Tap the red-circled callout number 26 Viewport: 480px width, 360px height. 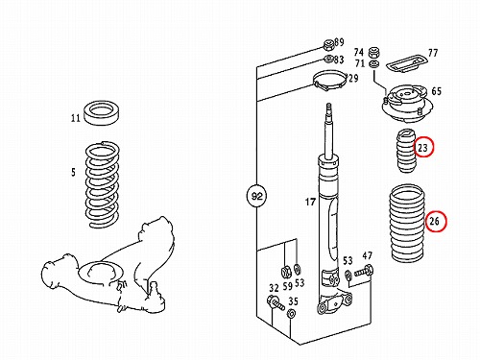tap(435, 221)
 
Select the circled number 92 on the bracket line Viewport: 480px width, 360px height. tap(257, 196)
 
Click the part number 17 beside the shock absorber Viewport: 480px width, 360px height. tap(310, 202)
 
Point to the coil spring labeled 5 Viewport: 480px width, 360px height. tap(103, 185)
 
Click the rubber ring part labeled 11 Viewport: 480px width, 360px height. tap(102, 112)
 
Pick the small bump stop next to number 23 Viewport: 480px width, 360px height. tap(405, 151)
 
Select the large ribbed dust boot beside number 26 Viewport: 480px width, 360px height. tap(407, 224)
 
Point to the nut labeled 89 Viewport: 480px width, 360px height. tap(328, 45)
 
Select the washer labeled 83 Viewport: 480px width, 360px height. tap(328, 60)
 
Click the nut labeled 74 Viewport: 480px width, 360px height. tap(374, 52)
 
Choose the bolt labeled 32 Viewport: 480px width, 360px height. tap(276, 303)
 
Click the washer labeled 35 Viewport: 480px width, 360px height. tap(292, 314)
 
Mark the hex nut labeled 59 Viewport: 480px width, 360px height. tap(286, 272)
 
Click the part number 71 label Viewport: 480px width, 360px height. tap(360, 63)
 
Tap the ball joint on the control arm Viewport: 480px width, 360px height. tap(155, 296)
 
